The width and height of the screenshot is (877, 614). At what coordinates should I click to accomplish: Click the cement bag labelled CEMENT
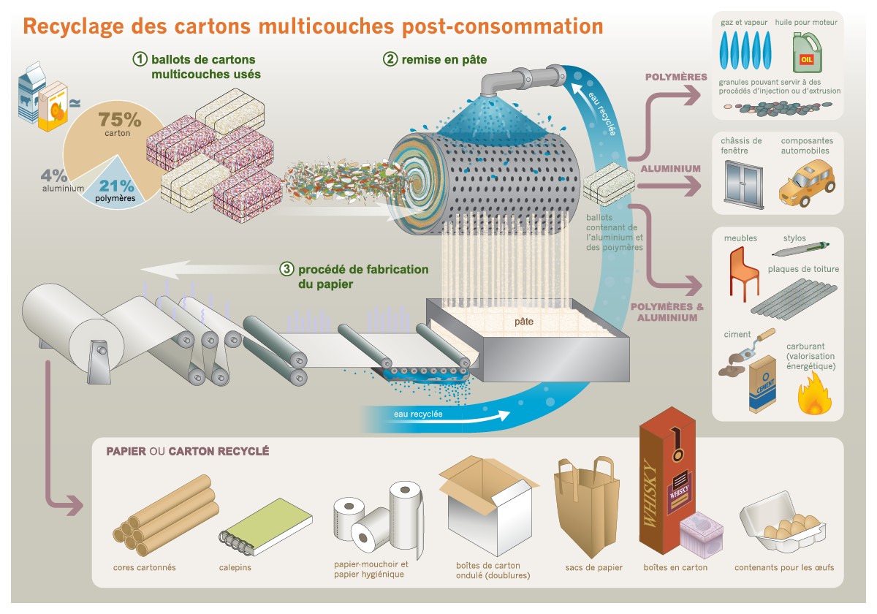coord(762,383)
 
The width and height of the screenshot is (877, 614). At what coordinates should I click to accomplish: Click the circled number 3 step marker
coord(287,269)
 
